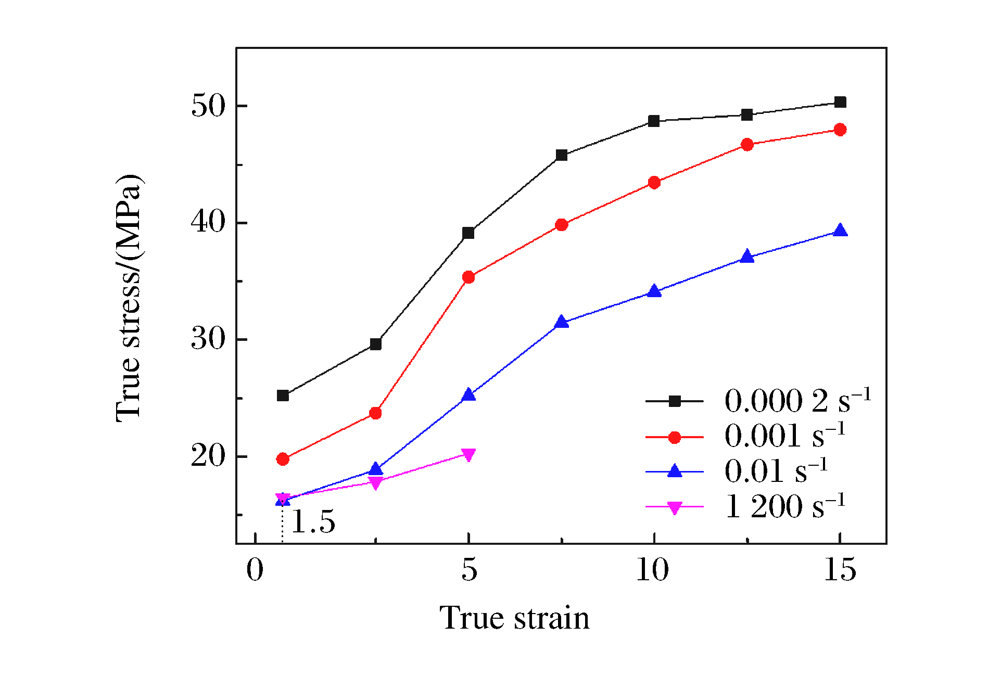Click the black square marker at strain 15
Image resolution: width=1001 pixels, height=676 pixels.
click(840, 102)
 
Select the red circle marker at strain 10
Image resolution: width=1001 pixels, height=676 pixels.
click(654, 183)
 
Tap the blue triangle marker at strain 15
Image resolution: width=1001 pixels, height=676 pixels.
click(840, 231)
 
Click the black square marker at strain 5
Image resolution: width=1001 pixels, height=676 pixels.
click(468, 233)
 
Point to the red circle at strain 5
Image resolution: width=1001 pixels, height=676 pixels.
click(468, 277)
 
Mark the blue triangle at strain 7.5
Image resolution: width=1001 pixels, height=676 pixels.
click(561, 322)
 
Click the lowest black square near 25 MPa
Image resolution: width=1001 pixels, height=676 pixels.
click(283, 396)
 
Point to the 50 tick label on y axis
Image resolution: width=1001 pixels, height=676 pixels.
click(208, 106)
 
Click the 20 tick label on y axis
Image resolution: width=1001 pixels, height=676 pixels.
click(208, 456)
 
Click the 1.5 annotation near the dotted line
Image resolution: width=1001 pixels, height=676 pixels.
click(313, 521)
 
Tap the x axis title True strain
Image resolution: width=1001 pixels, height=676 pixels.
click(514, 618)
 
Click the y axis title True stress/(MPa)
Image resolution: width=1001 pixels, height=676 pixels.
click(129, 298)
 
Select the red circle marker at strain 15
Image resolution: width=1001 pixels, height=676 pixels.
click(840, 130)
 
